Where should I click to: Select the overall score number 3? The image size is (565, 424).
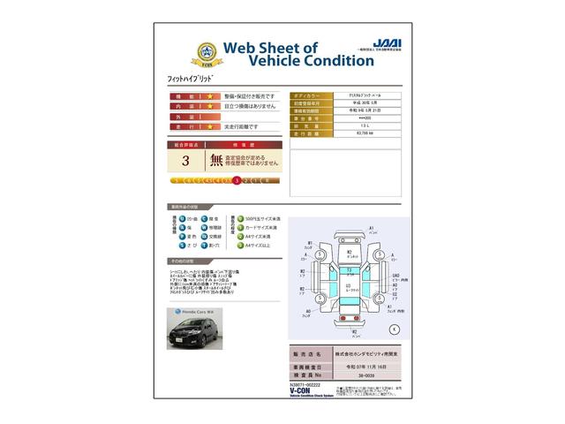[x=185, y=161]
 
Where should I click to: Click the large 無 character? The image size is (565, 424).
[x=216, y=160]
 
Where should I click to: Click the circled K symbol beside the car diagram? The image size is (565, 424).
[x=393, y=329]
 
